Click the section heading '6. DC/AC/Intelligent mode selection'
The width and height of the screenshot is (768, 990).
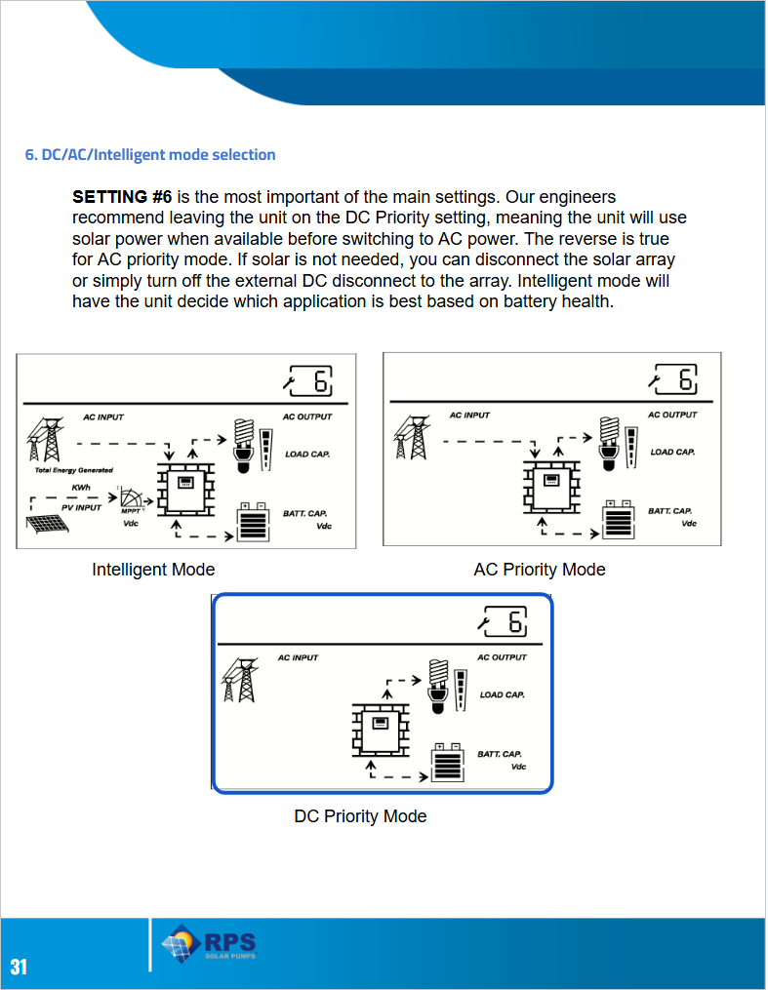pos(150,155)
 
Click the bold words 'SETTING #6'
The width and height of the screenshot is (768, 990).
pos(122,197)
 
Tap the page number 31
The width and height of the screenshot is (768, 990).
pos(19,967)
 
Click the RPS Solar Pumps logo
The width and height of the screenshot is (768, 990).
pos(209,945)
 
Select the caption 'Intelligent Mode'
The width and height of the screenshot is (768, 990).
pos(153,570)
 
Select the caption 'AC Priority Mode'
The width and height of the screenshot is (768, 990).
pos(540,570)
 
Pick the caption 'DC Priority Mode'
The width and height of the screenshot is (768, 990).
pos(360,816)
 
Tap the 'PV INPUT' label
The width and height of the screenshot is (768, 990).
pos(81,507)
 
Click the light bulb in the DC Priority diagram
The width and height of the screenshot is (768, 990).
pos(438,679)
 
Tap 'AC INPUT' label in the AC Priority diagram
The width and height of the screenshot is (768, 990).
pos(469,416)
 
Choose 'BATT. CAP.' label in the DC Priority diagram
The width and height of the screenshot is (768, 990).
pos(499,754)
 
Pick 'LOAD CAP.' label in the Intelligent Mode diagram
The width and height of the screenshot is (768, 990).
pos(306,455)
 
